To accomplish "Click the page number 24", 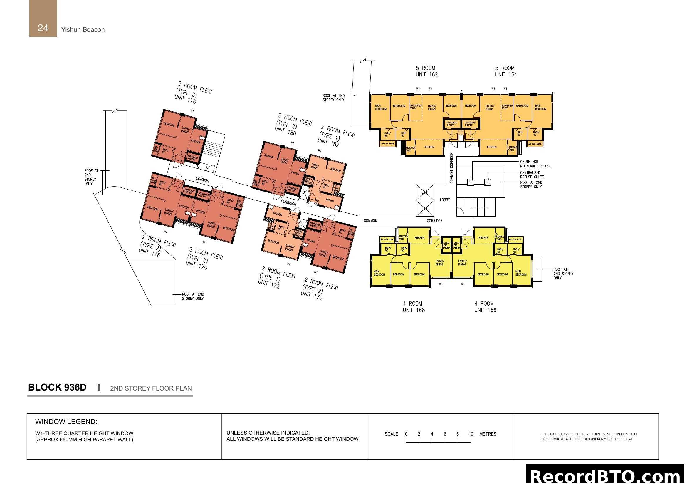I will (43, 28).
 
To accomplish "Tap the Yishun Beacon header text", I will (83, 30).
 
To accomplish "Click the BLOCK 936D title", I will (57, 387).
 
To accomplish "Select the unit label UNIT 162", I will (427, 75).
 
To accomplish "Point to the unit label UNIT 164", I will (506, 75).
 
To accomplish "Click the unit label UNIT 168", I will (414, 310).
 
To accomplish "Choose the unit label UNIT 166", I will (485, 310).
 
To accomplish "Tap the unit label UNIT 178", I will (185, 99).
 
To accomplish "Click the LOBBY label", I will (445, 200).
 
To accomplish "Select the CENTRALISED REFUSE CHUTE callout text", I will (531, 175).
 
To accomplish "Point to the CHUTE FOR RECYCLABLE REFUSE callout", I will (535, 164).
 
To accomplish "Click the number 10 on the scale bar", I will (471, 434).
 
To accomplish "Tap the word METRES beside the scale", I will (488, 434).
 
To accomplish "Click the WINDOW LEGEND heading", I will (66, 422).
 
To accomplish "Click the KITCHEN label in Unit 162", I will (429, 147).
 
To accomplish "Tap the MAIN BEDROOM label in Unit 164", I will (540, 108).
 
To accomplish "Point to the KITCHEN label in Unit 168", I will (419, 238).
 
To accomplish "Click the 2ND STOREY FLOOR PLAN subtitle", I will (151, 388).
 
